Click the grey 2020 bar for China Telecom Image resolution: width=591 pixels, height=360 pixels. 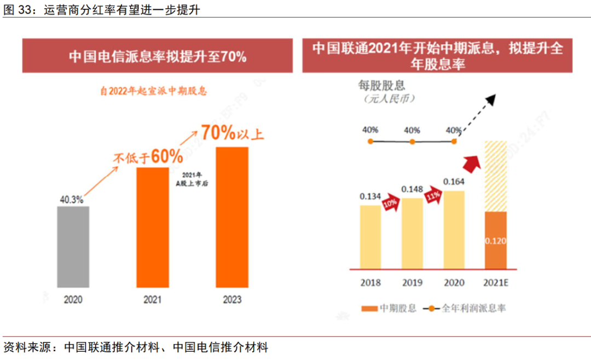(x=73, y=246)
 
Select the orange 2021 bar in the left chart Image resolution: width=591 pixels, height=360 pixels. (x=153, y=227)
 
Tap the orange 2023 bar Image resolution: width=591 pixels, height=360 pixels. (x=232, y=217)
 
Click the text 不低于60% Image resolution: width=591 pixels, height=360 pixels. (x=148, y=157)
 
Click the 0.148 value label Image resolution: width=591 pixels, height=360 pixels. (x=412, y=189)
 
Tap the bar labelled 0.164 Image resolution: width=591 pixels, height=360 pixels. (x=454, y=230)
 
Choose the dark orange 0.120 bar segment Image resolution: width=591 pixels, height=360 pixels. (x=495, y=240)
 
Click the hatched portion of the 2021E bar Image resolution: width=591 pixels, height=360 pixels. (x=495, y=176)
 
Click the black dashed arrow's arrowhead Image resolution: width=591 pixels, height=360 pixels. (x=491, y=99)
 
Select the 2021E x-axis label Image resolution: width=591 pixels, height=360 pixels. (x=496, y=282)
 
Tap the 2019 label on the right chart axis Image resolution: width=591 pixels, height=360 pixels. (x=412, y=282)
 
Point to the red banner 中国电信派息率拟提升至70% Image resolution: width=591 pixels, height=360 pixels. (x=158, y=56)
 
